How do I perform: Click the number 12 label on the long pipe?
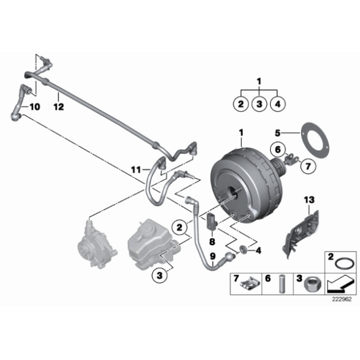(58, 106)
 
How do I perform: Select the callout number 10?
(34, 107)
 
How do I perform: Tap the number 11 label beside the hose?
(136, 169)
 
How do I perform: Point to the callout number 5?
(279, 132)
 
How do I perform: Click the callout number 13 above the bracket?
(310, 199)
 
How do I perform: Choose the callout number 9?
(212, 256)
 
